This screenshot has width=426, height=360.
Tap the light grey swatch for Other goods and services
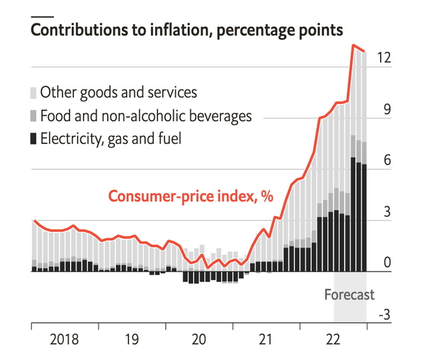coord(34,92)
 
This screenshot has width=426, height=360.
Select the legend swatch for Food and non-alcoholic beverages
coord(34,116)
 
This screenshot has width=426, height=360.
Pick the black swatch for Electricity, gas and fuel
coord(34,139)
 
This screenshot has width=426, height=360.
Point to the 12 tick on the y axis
coord(383,59)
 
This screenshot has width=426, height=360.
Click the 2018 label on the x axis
coord(64,341)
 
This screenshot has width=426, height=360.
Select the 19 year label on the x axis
coord(132,341)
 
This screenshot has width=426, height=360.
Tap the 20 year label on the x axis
coord(199,341)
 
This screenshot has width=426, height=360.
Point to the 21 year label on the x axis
coord(266,341)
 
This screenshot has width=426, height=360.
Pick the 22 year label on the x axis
coord(333,341)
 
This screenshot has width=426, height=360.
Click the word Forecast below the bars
coord(349,295)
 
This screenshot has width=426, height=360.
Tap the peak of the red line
coord(353,45)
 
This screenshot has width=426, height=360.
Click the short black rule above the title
coord(43,15)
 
